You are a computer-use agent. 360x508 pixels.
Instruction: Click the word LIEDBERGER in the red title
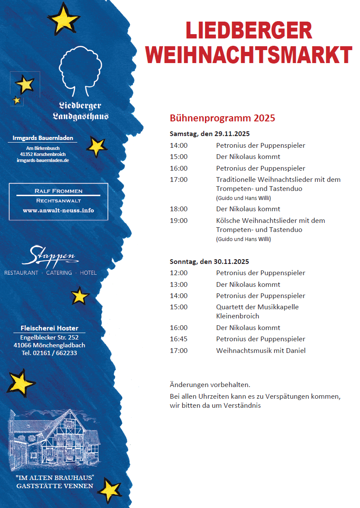pyautogui.click(x=249, y=32)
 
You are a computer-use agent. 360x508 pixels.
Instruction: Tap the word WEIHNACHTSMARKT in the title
pyautogui.click(x=249, y=55)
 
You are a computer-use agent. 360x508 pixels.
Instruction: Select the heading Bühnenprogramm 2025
pyautogui.click(x=222, y=118)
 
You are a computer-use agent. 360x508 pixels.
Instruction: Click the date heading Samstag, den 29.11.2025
pyautogui.click(x=210, y=133)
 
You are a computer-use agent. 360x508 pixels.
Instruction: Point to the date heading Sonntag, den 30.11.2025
pyautogui.click(x=209, y=261)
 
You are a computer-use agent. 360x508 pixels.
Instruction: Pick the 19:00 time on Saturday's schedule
pyautogui.click(x=179, y=221)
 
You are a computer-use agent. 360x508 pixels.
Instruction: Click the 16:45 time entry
pyautogui.click(x=179, y=339)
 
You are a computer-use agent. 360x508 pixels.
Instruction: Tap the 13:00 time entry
pyautogui.click(x=179, y=285)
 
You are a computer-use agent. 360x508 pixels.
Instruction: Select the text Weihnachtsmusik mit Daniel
pyautogui.click(x=261, y=351)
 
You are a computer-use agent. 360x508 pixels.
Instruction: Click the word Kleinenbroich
pyautogui.click(x=237, y=316)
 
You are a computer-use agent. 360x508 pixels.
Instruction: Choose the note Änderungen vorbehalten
pyautogui.click(x=210, y=384)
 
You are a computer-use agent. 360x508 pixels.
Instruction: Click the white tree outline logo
pyautogui.click(x=80, y=71)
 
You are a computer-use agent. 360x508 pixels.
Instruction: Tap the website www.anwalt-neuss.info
pyautogui.click(x=58, y=211)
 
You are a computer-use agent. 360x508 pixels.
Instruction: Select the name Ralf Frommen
pyautogui.click(x=58, y=191)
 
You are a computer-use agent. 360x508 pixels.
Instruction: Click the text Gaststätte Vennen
pyautogui.click(x=55, y=486)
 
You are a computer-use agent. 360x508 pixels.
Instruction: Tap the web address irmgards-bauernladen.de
pyautogui.click(x=43, y=160)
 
